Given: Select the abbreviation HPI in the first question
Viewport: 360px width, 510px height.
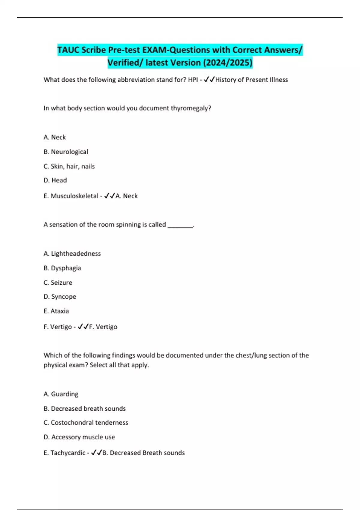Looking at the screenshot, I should coord(193,80).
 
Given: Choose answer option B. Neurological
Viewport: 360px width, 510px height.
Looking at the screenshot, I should coord(66,152).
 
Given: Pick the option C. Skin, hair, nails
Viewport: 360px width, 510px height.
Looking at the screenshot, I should coord(69,166).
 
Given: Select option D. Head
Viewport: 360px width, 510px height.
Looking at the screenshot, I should coord(55,180).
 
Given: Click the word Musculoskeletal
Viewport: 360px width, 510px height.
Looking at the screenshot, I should coord(74,196).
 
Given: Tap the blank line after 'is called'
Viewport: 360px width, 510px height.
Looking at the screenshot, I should coord(180,225).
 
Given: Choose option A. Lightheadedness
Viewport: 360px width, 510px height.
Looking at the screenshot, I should coord(72,253).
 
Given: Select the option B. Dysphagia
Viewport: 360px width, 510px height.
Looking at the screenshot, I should coord(62,268).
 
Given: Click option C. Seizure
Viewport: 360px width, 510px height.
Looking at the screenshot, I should coord(58,283).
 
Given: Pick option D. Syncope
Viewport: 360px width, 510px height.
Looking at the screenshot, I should coord(60,297).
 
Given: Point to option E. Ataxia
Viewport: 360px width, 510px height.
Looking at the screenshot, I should coord(56,311).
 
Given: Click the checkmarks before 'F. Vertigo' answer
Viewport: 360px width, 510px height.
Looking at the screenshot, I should coord(83,327).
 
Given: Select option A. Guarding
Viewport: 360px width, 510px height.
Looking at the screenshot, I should coord(61,394).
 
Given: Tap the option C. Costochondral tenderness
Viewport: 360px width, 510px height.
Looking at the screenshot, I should coord(86,423).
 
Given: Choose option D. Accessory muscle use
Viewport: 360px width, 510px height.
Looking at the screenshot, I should coord(79,437).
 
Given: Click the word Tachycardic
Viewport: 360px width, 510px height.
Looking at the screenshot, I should coord(68,453).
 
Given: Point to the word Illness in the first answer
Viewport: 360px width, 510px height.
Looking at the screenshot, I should coord(278,80).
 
